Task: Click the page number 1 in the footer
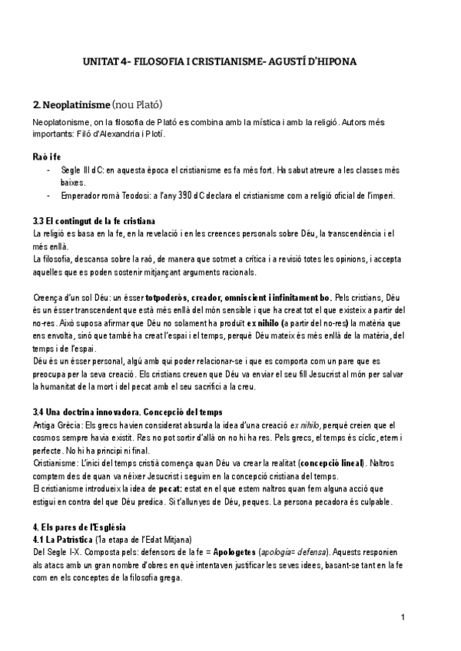(403, 618)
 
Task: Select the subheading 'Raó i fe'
(49, 156)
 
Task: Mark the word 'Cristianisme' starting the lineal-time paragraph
(59, 464)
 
